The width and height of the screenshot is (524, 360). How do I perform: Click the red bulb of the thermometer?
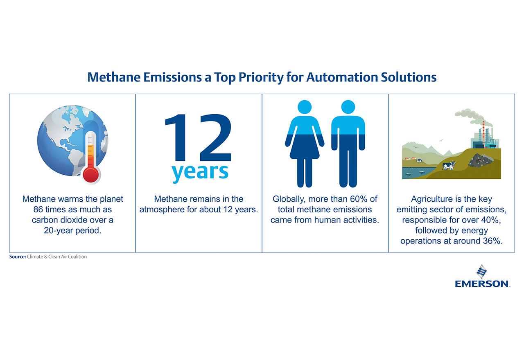91,175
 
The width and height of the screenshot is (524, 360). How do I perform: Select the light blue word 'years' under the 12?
200,172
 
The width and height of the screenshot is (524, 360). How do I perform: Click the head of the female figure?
305,107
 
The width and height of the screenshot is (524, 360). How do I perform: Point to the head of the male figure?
348,107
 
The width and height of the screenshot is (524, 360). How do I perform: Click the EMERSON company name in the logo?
482,284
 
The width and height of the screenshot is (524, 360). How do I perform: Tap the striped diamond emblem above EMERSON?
482,272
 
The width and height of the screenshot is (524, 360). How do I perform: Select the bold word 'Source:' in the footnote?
18,256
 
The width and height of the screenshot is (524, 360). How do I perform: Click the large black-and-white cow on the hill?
449,166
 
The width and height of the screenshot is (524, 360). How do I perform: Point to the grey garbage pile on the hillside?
481,160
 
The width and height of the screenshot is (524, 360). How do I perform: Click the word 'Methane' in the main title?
114,77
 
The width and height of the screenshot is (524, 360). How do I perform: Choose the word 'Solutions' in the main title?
409,77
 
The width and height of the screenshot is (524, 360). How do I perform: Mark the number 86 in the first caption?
38,209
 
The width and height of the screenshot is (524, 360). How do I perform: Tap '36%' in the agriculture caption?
490,241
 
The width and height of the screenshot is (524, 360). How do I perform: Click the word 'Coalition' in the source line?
78,256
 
